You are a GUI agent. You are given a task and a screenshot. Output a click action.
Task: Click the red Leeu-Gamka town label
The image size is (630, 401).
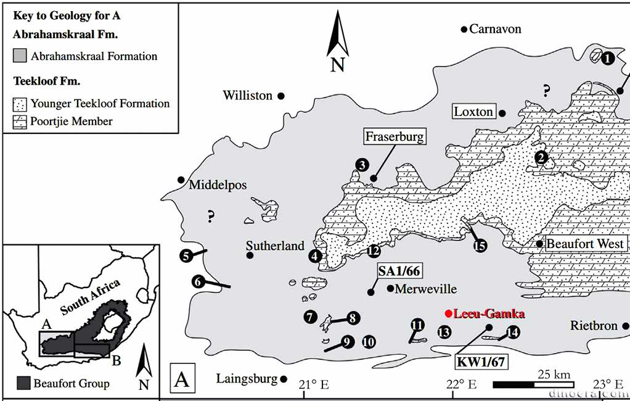[488, 314]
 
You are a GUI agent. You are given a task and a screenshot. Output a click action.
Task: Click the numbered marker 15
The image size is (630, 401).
[480, 245]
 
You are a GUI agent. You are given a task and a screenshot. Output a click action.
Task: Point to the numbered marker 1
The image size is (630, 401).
[607, 59]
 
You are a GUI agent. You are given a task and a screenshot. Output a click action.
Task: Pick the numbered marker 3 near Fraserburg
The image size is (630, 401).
[362, 164]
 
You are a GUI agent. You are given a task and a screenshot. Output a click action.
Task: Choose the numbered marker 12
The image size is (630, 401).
[373, 250]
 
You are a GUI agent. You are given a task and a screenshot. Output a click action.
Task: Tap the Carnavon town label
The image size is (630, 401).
[495, 29]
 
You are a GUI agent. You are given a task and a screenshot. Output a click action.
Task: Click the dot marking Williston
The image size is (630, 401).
[280, 96]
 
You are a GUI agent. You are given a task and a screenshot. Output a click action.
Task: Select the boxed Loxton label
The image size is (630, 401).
[473, 112]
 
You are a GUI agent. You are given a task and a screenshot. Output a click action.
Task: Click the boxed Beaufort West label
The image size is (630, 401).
[586, 244]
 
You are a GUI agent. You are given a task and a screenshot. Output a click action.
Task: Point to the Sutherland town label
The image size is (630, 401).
[275, 246]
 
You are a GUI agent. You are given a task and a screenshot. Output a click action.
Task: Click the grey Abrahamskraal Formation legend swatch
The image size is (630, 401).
[20, 56]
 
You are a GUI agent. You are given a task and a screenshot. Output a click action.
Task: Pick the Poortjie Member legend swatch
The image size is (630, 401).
[20, 122]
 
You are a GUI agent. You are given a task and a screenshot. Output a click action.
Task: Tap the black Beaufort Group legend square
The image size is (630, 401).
[22, 383]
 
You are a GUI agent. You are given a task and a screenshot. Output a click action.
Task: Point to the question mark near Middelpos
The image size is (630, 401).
[211, 216]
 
